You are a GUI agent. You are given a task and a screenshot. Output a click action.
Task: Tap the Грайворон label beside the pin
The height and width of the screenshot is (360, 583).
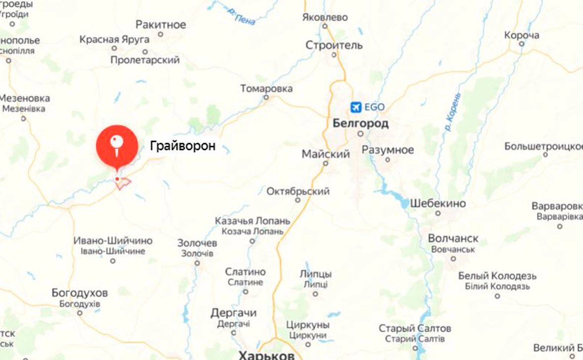(x=183, y=146)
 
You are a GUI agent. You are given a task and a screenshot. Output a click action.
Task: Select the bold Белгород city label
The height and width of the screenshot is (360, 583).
(x=361, y=123)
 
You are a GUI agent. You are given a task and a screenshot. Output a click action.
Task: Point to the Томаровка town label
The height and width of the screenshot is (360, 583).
(x=266, y=89)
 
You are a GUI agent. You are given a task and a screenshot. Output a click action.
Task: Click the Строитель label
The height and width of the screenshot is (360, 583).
(x=334, y=45)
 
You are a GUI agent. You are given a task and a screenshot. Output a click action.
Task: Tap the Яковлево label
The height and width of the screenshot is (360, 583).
(x=325, y=17)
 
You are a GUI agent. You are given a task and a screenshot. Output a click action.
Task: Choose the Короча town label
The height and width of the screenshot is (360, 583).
(x=522, y=36)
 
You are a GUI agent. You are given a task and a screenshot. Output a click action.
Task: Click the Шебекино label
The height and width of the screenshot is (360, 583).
(x=438, y=203)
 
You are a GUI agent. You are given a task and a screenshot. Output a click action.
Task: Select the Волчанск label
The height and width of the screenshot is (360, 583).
(x=453, y=239)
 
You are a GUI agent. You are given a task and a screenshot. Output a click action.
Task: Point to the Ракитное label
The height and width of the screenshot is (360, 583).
(x=161, y=25)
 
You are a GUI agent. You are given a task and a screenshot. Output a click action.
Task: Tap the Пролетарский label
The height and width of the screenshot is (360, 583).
(x=145, y=60)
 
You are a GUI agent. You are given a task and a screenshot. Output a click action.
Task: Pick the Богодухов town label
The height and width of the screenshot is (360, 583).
(x=79, y=293)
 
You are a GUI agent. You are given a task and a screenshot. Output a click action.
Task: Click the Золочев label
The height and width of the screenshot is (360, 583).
(x=197, y=243)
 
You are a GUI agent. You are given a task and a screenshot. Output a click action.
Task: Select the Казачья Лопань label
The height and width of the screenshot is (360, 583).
(x=252, y=221)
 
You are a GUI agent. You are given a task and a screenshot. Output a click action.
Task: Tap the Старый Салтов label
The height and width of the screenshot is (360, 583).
(x=415, y=328)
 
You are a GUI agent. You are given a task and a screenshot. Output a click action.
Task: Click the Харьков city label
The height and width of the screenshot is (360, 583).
(x=267, y=356)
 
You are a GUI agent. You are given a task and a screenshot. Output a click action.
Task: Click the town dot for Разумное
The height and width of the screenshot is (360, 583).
(x=387, y=160)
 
